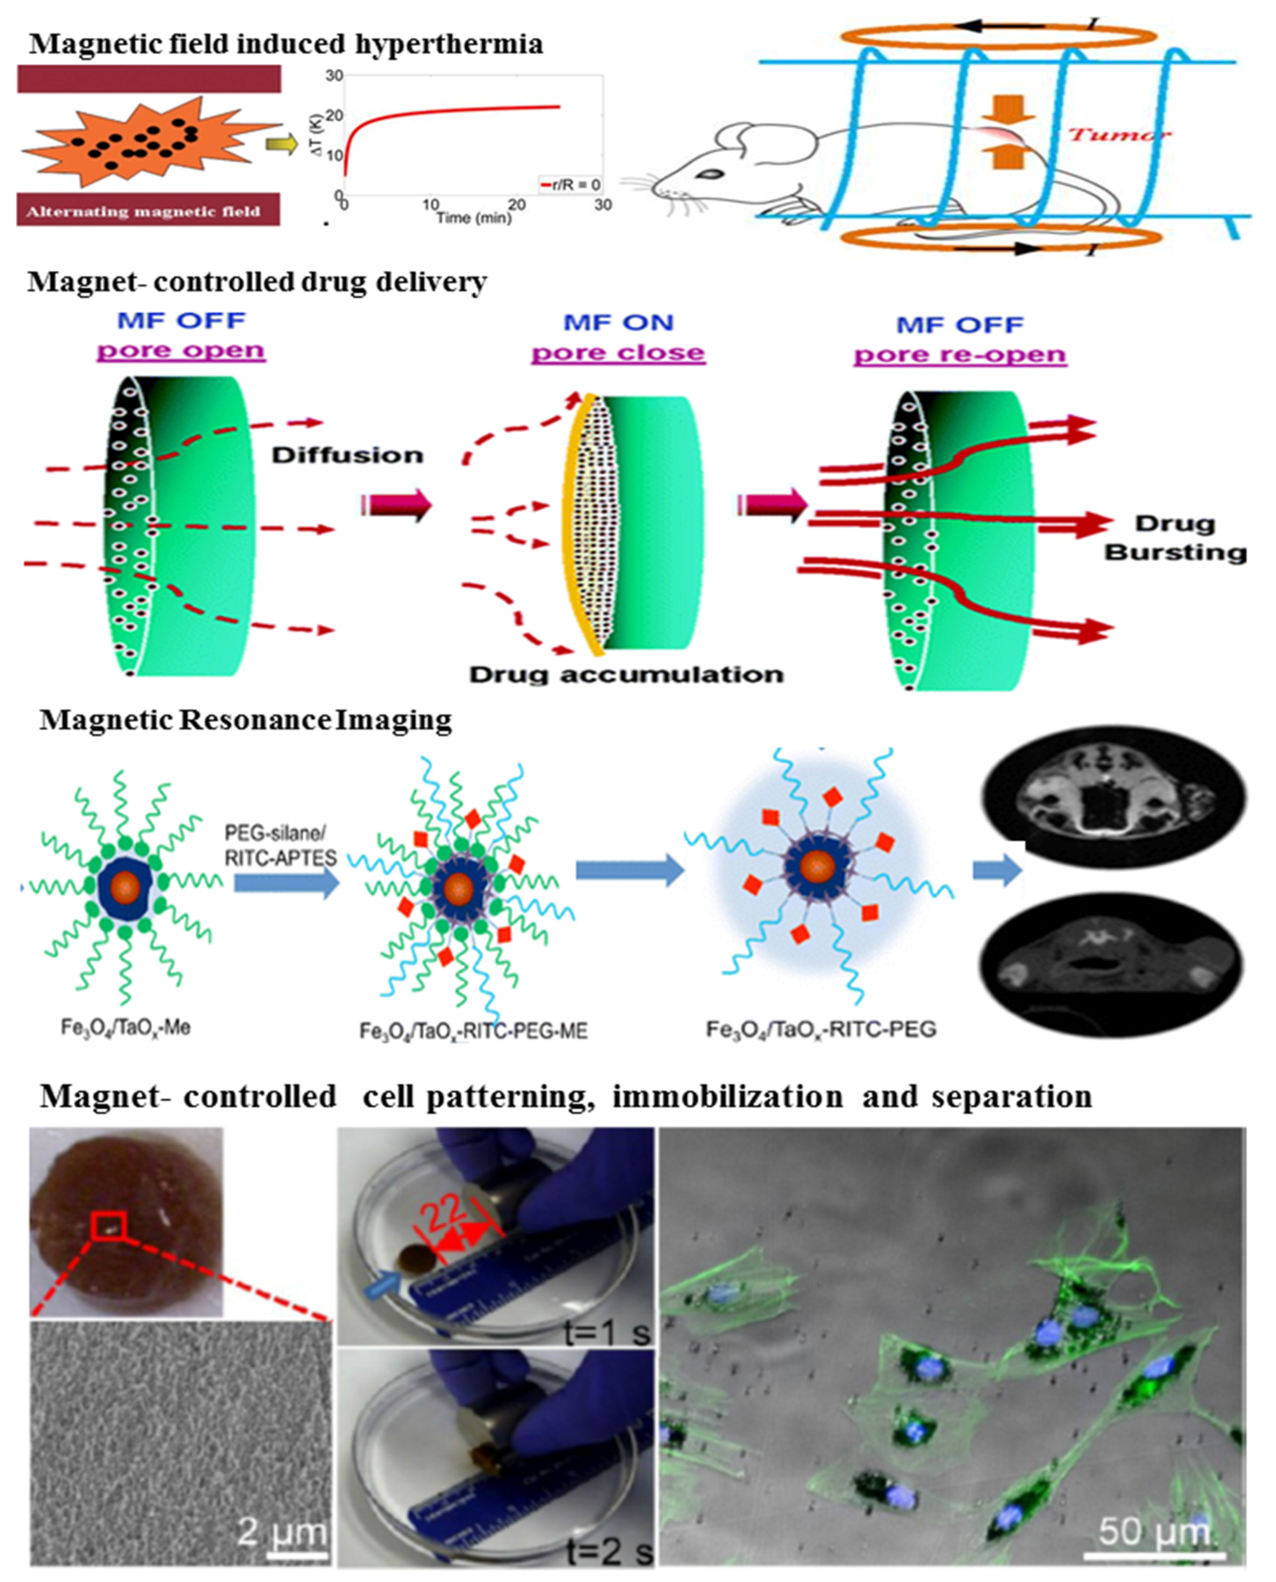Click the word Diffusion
coord(348,455)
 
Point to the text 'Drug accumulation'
coord(626,674)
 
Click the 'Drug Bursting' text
coord(1175,537)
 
